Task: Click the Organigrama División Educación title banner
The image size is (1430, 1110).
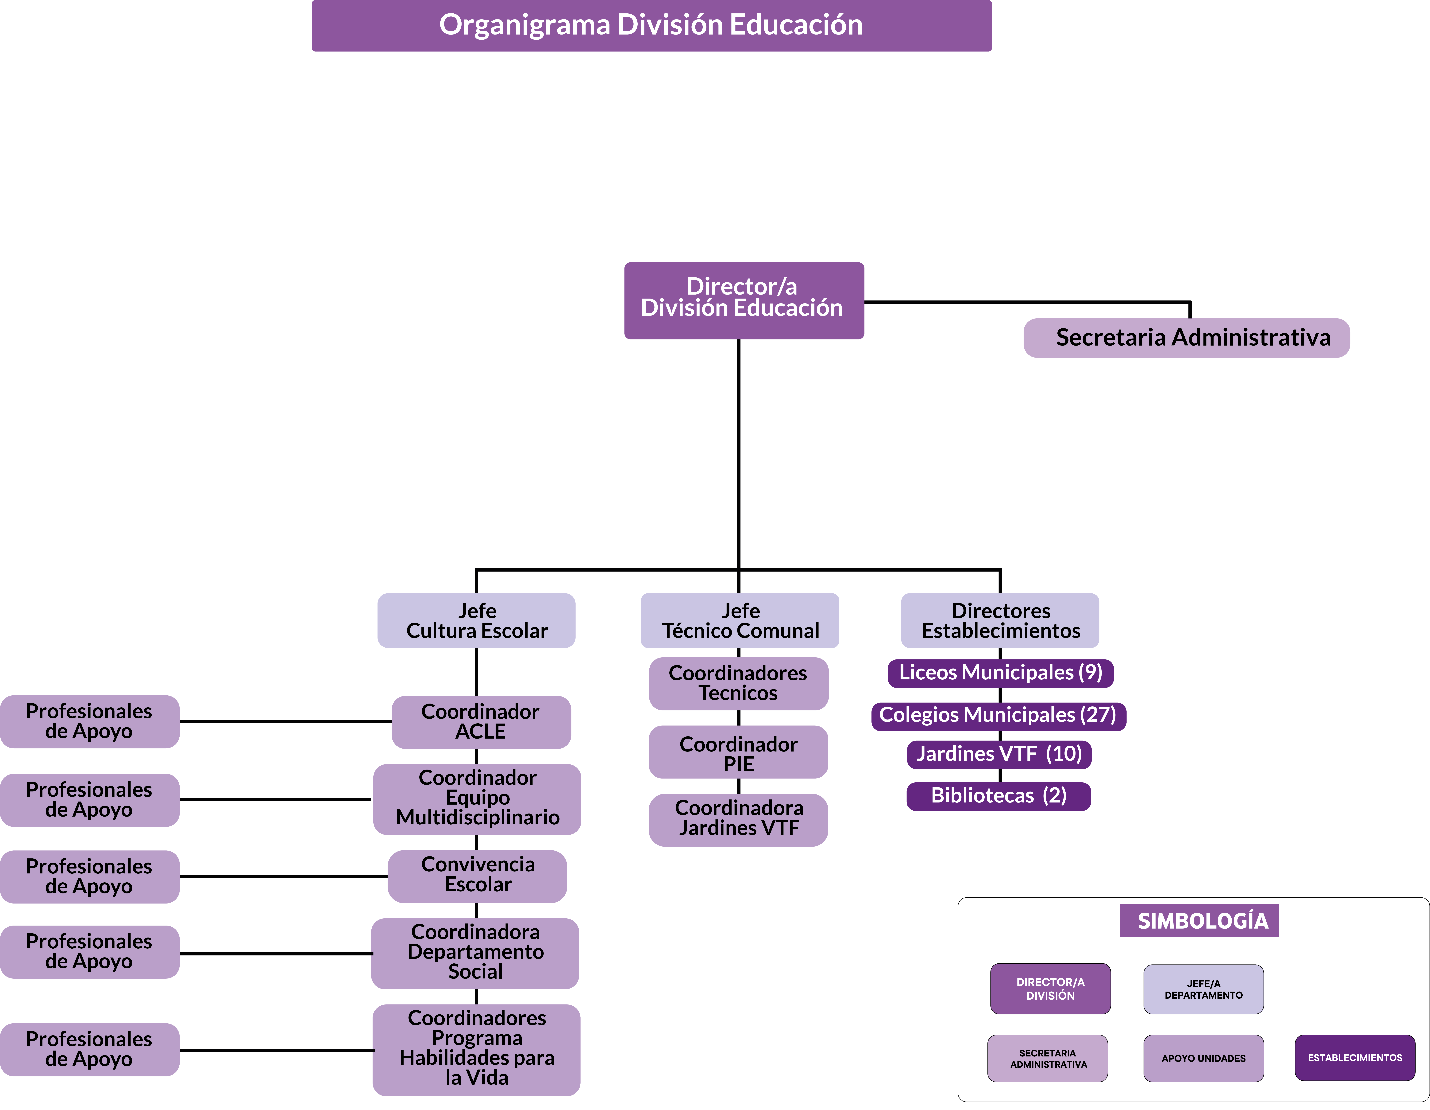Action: click(651, 26)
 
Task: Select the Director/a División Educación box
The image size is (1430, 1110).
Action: click(744, 301)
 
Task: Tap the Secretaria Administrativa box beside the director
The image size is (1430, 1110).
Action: click(1186, 338)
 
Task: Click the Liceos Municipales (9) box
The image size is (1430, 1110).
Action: click(1000, 673)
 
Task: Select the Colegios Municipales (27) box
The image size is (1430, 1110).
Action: click(998, 716)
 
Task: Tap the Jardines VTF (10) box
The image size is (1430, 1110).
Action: click(999, 754)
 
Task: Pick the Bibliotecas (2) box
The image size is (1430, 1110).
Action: click(998, 796)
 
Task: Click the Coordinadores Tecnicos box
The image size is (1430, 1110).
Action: click(739, 684)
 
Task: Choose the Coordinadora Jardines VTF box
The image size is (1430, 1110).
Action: click(739, 820)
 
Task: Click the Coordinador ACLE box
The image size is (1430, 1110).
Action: click(481, 722)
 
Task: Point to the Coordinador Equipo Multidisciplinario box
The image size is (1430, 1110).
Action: click(477, 799)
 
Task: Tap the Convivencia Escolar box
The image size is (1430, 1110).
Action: click(477, 876)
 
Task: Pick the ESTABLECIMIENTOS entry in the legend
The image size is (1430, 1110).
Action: click(1355, 1058)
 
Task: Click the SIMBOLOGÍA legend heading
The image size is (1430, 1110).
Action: click(1199, 921)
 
